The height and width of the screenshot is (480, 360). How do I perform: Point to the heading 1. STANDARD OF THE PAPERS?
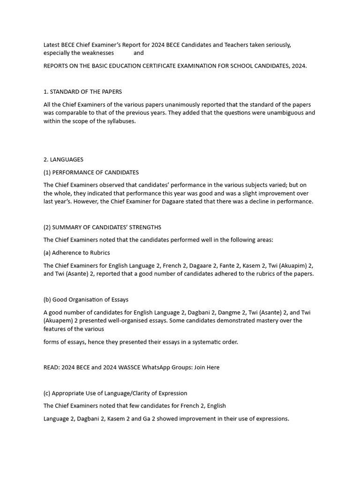coord(82,92)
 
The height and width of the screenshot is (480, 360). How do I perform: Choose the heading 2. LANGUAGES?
coord(63,159)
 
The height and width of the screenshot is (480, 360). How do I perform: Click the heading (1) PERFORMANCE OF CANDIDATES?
coord(91,172)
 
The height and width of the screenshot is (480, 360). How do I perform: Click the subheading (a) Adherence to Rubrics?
coord(77,253)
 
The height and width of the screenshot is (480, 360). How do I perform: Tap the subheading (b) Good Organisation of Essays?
coord(86,300)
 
